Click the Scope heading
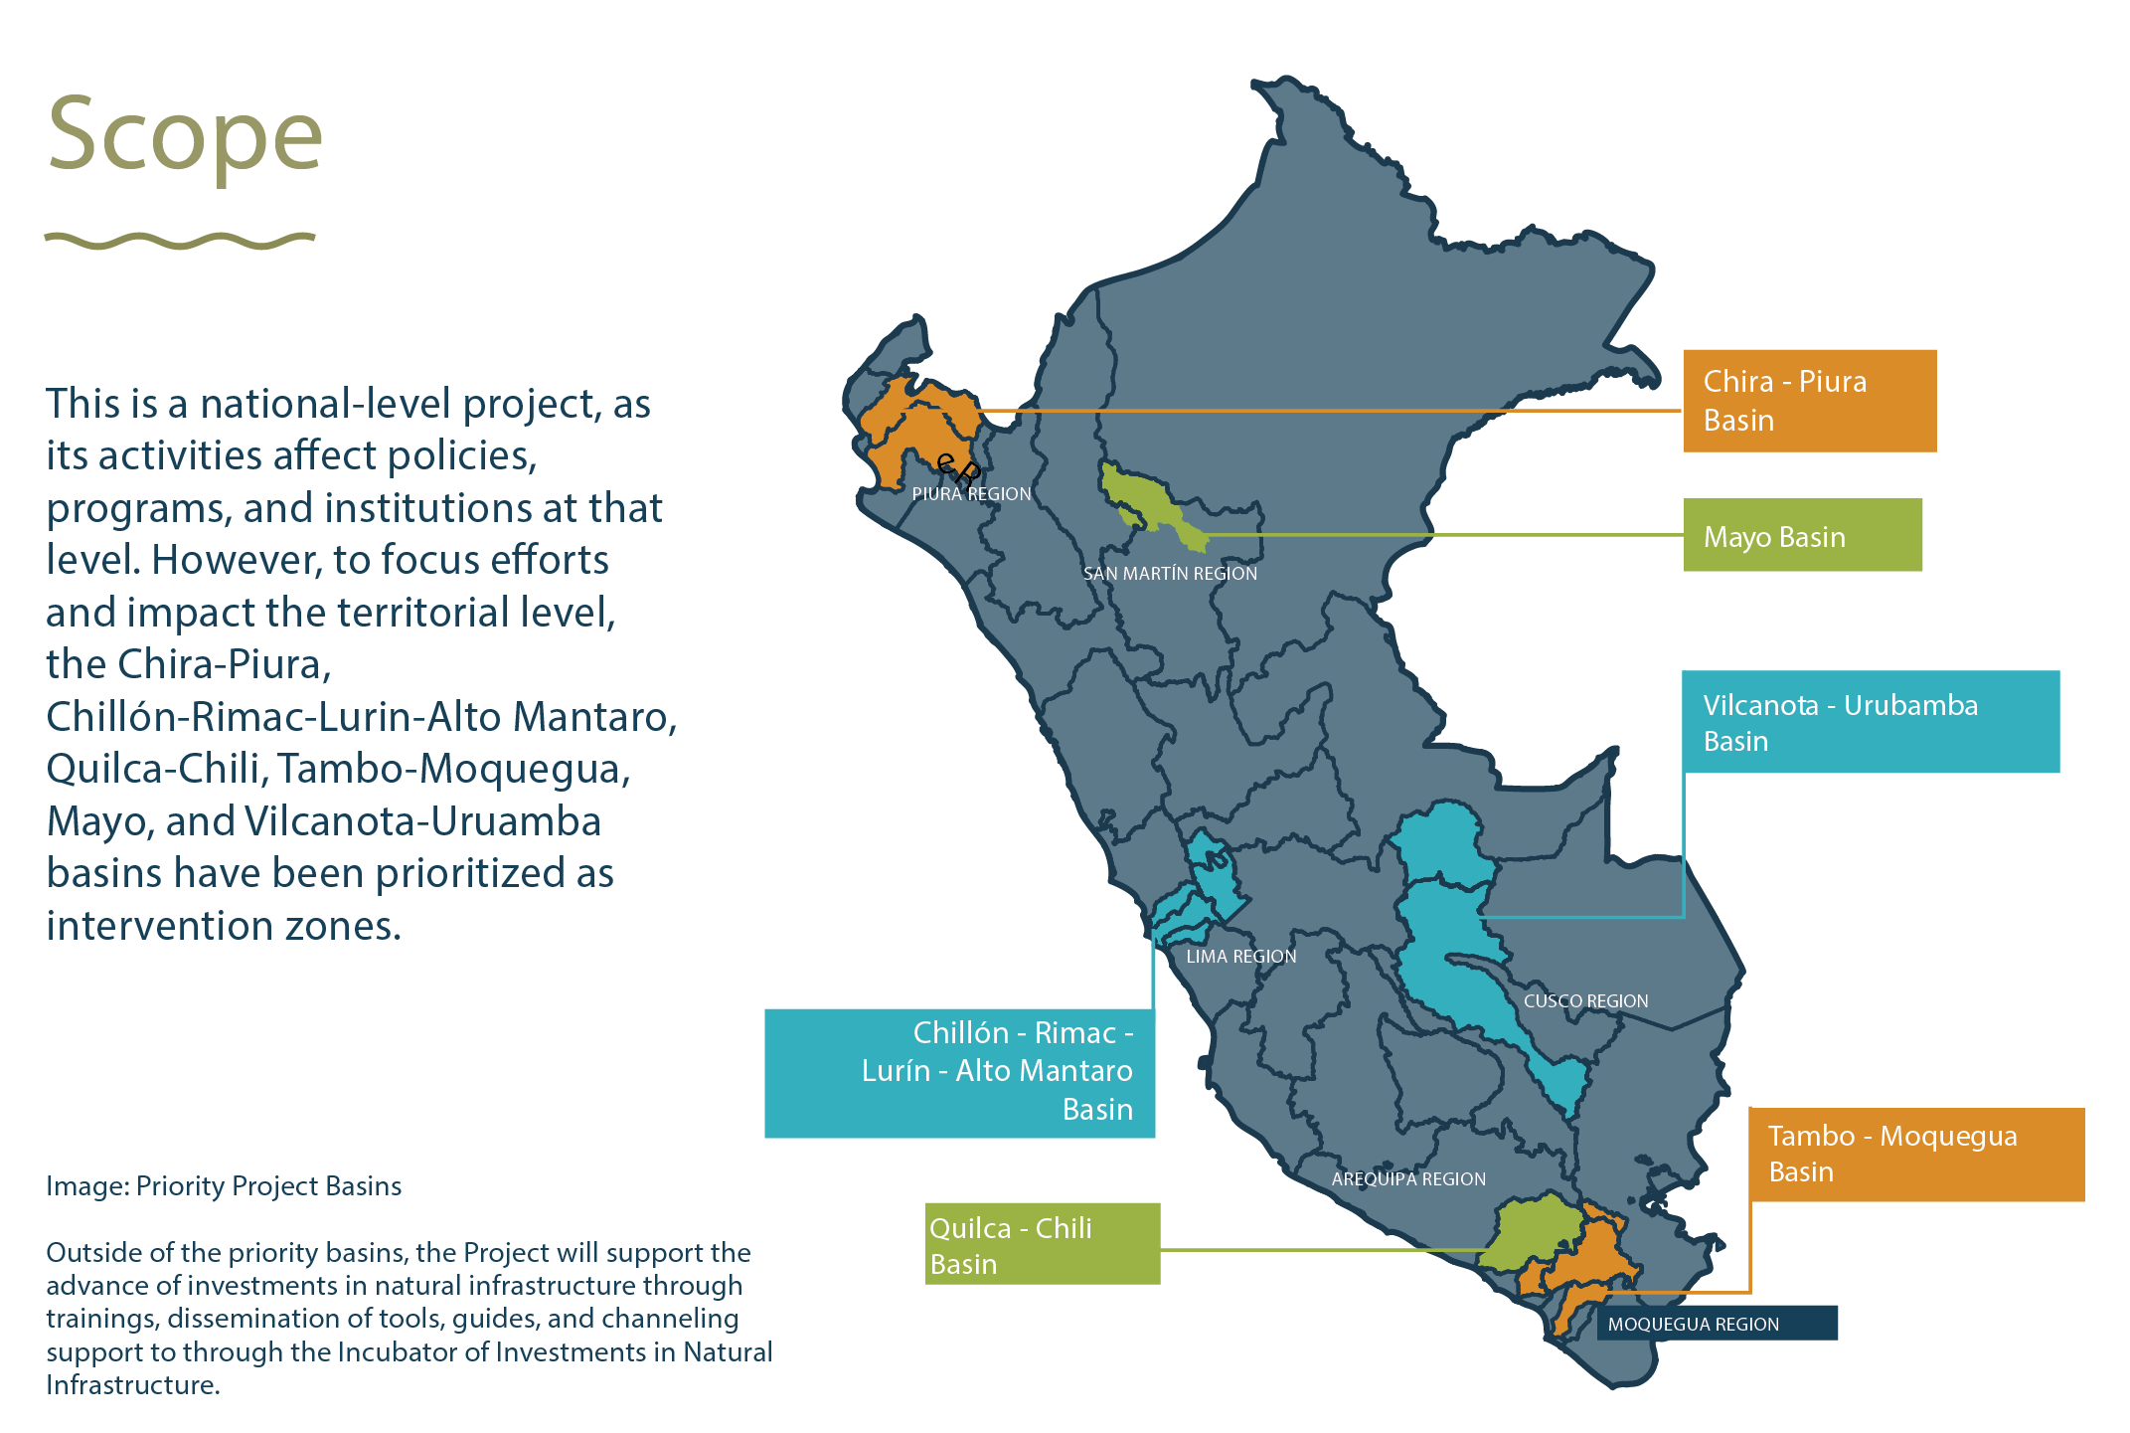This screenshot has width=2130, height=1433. point(185,134)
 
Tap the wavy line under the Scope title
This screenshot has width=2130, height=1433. point(180,241)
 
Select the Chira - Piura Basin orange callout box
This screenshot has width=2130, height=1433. point(1809,401)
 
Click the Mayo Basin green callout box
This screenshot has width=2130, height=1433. point(1802,535)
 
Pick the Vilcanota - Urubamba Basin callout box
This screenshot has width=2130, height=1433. point(1870,721)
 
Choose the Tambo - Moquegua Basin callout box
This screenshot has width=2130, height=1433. point(1916,1154)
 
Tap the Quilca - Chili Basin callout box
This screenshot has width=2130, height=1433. point(1043,1243)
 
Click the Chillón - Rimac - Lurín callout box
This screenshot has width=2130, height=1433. point(959,1073)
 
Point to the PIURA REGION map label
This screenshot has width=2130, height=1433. point(971,494)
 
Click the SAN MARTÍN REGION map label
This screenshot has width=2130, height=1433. point(1170,574)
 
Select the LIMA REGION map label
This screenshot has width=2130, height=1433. point(1240,957)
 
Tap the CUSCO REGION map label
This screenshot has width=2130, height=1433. point(1585,1001)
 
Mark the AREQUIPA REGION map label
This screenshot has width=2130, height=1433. point(1408,1179)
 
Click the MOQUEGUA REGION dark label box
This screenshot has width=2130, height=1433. point(1717,1324)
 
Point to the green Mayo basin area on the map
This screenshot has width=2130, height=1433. point(1143,497)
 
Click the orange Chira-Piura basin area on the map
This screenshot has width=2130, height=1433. point(914,433)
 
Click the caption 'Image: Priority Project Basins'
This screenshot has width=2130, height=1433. point(224,1186)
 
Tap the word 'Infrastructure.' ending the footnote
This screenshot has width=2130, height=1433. point(132,1385)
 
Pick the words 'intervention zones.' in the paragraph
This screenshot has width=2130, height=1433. point(224,926)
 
